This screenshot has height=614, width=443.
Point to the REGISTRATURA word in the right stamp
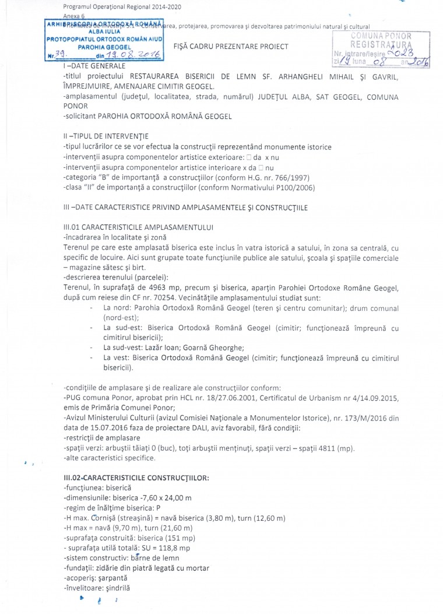tap(381, 44)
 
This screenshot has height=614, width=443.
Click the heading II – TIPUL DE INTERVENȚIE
tap(106, 136)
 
